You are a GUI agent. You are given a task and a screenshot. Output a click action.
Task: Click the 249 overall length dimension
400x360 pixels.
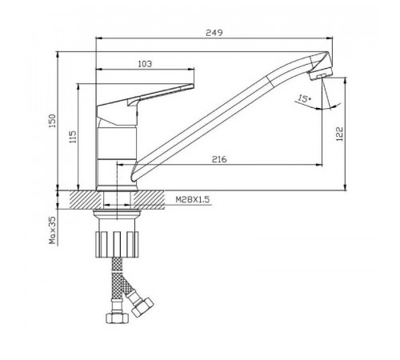coord(214,33)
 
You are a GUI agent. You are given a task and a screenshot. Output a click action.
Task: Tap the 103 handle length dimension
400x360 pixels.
coord(145,64)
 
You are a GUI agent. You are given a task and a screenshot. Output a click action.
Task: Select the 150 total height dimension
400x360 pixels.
coord(52,121)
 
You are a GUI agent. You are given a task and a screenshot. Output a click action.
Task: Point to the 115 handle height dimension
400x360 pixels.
coord(73,137)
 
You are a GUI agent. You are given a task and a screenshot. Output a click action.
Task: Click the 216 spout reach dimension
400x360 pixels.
coord(219,159)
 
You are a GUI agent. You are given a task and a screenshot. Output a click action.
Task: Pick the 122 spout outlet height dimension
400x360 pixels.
coord(339,134)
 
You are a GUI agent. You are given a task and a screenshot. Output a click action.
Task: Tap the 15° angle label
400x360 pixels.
coord(305,98)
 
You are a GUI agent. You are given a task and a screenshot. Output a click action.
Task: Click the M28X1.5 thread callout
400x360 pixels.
coord(193,199)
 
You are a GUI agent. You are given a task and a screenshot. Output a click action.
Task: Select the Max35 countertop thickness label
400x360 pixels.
coord(53,230)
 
